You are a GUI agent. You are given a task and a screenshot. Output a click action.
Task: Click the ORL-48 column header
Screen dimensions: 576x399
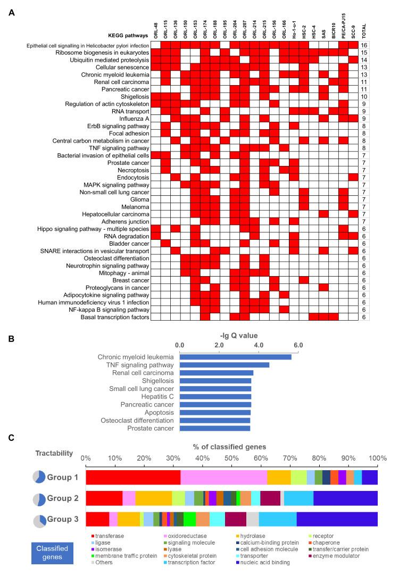click(155, 31)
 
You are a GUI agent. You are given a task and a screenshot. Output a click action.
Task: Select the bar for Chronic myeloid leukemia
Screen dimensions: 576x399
click(235, 356)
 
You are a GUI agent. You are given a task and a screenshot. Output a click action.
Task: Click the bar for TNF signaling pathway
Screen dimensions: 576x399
click(224, 365)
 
